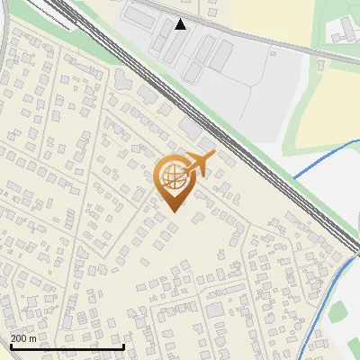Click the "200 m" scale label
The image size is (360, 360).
pos(23,338)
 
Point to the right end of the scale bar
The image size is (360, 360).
pos(123,347)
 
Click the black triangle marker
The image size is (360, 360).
pos(181,24)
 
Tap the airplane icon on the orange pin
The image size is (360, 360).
pos(200,164)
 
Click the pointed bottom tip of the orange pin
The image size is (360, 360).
pos(172,211)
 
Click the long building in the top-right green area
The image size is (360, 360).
pos(342,31)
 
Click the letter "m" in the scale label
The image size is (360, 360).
pos(33,338)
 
